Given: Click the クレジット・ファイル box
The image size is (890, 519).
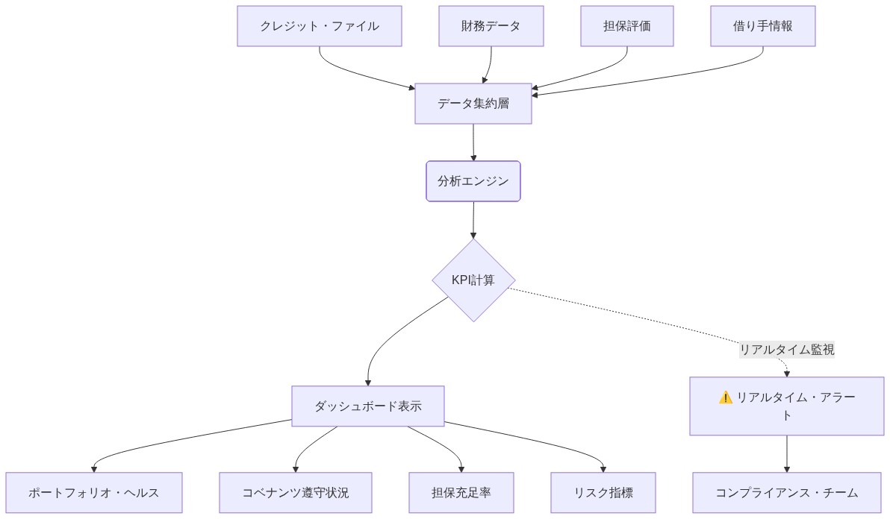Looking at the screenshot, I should click(320, 26).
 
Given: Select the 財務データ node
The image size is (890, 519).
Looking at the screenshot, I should click(491, 26).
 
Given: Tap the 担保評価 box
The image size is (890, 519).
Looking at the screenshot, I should click(627, 26).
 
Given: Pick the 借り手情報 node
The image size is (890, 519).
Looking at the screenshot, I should click(762, 26).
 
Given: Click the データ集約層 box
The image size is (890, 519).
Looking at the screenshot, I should click(473, 104).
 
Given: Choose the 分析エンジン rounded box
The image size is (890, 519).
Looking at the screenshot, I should click(473, 181).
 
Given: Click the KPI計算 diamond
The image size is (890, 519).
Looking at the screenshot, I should click(473, 280).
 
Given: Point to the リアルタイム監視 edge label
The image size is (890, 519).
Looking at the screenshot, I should click(787, 349).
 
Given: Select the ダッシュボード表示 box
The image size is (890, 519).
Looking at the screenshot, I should click(368, 406).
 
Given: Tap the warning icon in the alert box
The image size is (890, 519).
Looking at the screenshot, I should click(725, 397).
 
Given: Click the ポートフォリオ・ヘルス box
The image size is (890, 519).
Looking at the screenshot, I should click(94, 493).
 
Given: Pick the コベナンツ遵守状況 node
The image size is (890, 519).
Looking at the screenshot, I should click(296, 493).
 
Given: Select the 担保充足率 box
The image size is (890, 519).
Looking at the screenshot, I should click(461, 493).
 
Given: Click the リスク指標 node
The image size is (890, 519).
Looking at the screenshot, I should click(603, 493).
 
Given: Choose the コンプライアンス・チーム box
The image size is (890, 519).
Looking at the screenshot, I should click(787, 493).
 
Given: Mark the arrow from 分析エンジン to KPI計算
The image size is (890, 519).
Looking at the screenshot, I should click(473, 220).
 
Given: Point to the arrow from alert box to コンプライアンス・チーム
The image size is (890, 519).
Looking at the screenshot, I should click(787, 453).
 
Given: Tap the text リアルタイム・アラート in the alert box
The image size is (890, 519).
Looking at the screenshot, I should click(795, 398).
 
